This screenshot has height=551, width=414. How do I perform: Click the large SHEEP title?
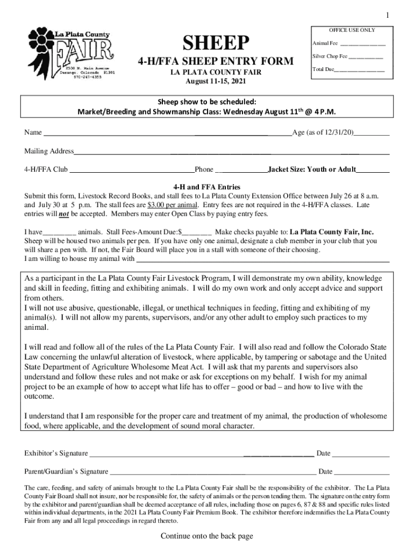point(217,43)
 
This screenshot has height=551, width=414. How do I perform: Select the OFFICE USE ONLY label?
point(352,30)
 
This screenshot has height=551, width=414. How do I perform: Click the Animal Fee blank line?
point(362,44)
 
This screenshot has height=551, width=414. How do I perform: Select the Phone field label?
point(204,169)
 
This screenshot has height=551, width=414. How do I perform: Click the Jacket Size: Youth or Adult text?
point(312,169)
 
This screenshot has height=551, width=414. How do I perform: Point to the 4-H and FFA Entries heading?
point(206,187)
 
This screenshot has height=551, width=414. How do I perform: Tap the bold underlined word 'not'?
point(64,214)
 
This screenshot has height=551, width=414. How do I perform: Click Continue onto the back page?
point(206,535)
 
